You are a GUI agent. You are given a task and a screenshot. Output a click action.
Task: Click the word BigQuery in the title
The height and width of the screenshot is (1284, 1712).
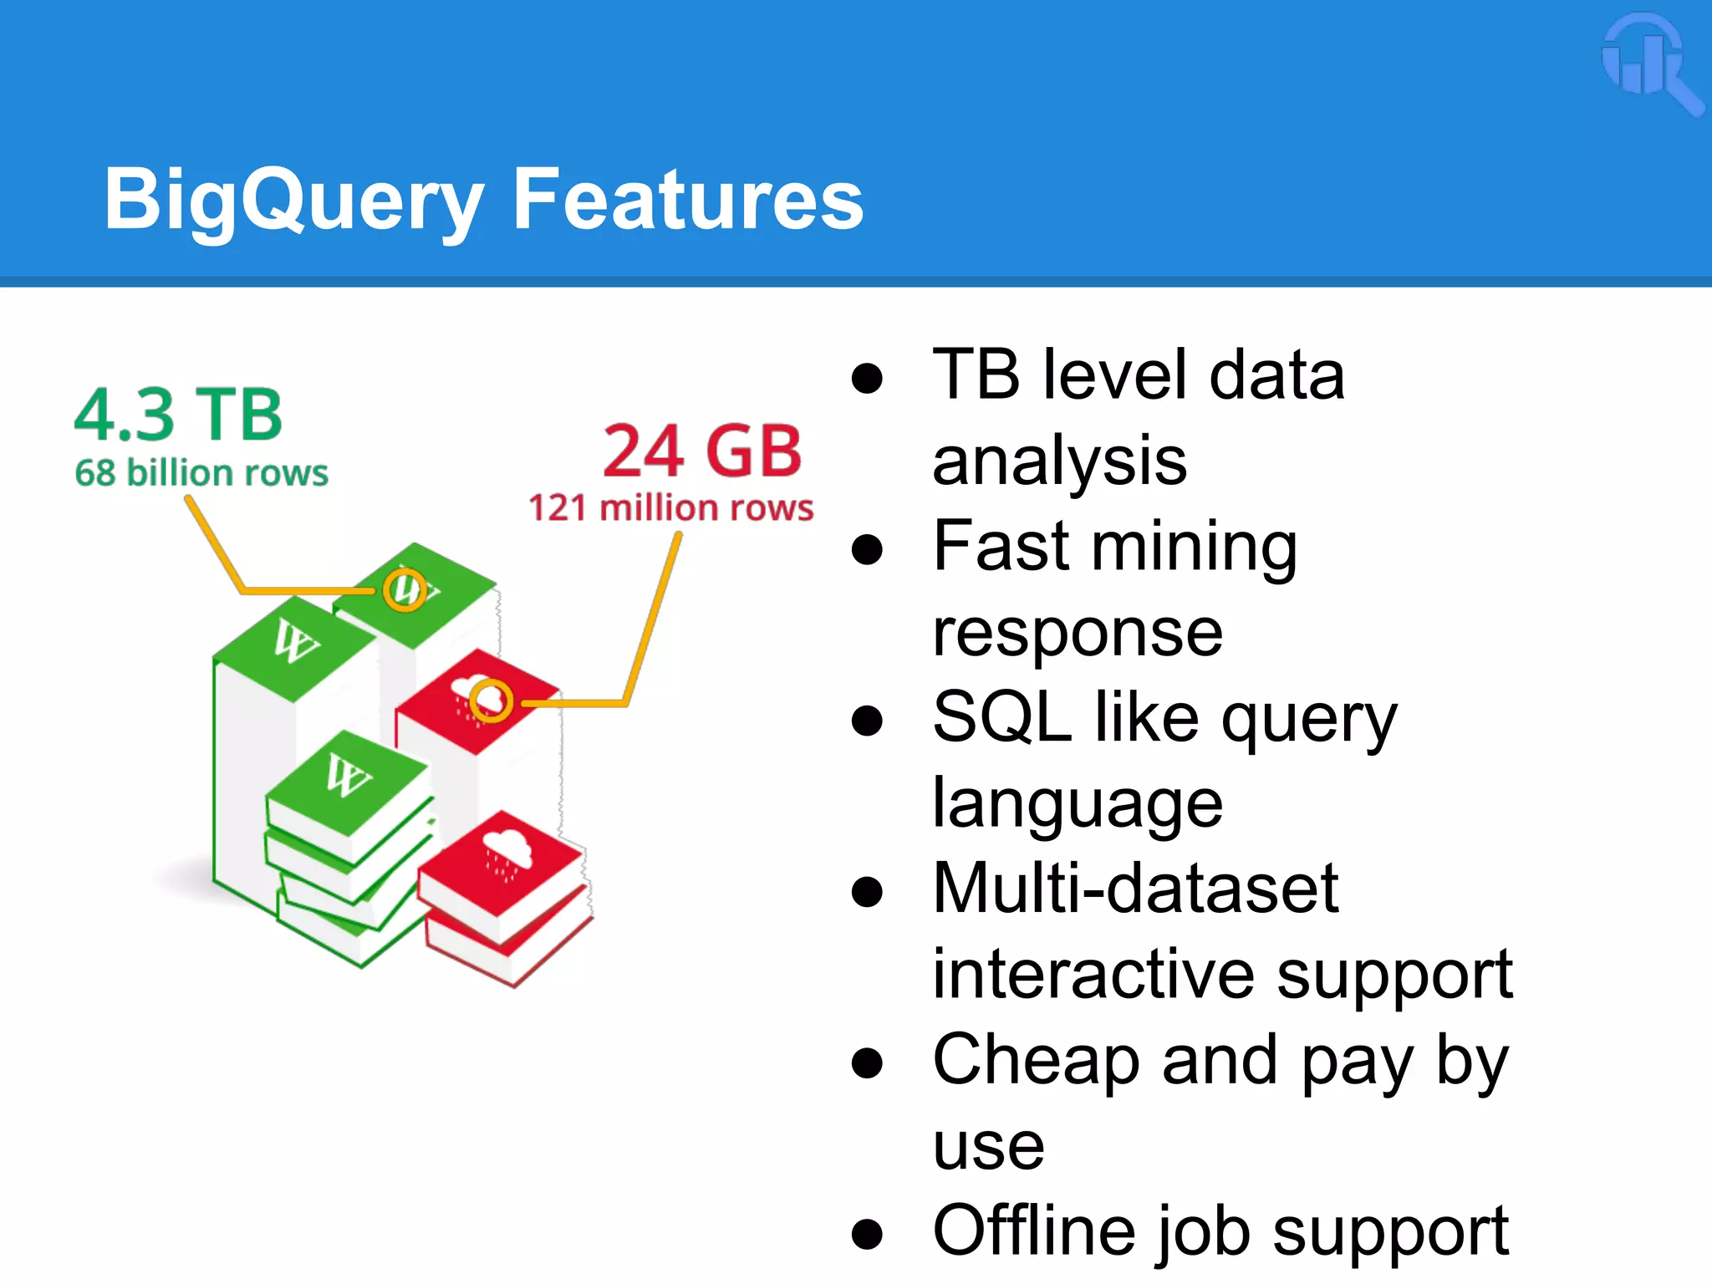[293, 201]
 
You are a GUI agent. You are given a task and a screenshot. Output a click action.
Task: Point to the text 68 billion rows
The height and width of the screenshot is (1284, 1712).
[201, 473]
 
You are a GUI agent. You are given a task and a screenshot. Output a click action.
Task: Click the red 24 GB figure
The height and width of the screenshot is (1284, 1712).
[702, 451]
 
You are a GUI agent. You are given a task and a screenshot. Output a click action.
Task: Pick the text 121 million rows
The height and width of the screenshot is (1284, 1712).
[670, 507]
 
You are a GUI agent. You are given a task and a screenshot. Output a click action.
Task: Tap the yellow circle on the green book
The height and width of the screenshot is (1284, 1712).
[405, 589]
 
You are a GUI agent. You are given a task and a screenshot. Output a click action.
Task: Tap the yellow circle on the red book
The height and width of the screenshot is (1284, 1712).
[491, 701]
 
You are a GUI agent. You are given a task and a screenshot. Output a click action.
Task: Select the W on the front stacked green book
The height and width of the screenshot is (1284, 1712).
[348, 775]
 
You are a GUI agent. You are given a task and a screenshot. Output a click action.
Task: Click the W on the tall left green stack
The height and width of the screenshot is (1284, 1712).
[294, 642]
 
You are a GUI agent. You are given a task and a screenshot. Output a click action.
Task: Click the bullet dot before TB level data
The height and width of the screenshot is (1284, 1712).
[867, 378]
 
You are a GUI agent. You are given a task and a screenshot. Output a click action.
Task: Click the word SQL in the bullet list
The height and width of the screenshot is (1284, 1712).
[1002, 716]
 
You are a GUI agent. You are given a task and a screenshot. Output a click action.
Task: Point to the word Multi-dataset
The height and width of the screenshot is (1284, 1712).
[1135, 888]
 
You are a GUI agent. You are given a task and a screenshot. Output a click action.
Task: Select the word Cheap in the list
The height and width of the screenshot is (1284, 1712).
[1035, 1060]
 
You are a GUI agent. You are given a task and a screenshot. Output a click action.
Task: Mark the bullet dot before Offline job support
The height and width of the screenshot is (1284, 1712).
[867, 1234]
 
